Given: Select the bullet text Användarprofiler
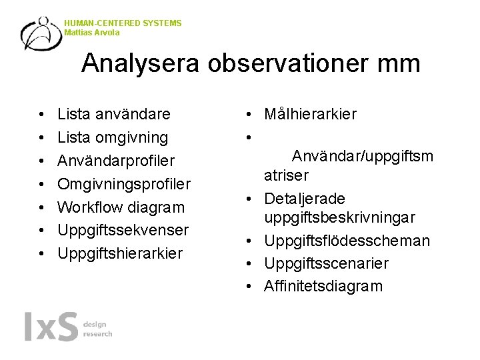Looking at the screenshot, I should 116,161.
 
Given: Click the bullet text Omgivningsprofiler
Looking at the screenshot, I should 124,184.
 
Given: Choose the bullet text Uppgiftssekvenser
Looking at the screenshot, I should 123,230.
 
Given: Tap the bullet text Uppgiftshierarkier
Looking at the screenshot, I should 120,253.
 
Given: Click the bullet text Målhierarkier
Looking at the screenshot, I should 310,115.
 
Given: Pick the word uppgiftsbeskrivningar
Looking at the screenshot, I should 340,218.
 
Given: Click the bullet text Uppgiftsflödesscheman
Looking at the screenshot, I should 347,241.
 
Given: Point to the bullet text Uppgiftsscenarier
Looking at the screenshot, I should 326,263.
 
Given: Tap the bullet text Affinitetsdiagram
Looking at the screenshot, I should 323,287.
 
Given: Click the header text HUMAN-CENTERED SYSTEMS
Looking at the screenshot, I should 123,23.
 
